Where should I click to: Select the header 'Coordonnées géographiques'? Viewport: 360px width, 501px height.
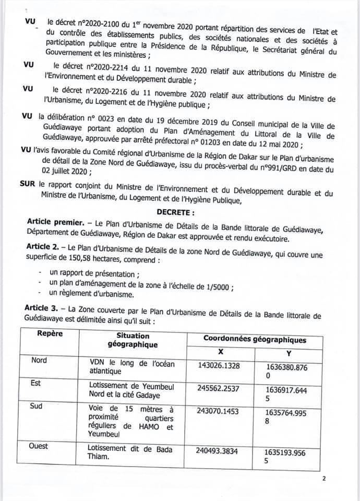click(x=255, y=339)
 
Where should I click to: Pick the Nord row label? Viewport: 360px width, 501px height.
click(x=39, y=360)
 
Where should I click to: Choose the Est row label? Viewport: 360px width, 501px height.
click(x=38, y=383)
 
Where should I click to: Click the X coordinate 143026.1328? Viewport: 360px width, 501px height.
click(x=219, y=365)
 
